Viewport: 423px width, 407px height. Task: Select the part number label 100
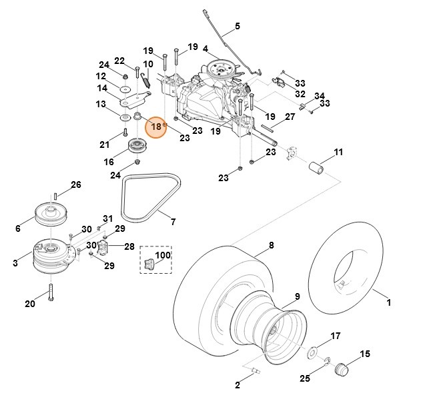(x=163, y=255)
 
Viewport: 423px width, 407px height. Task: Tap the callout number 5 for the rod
(x=236, y=27)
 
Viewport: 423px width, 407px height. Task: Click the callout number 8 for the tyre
(x=272, y=246)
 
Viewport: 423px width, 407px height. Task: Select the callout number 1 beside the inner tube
(x=389, y=302)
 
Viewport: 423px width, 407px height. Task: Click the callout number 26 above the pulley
(x=75, y=185)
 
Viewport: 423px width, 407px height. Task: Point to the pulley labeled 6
(x=53, y=214)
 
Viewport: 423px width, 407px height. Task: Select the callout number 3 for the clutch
(x=15, y=264)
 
